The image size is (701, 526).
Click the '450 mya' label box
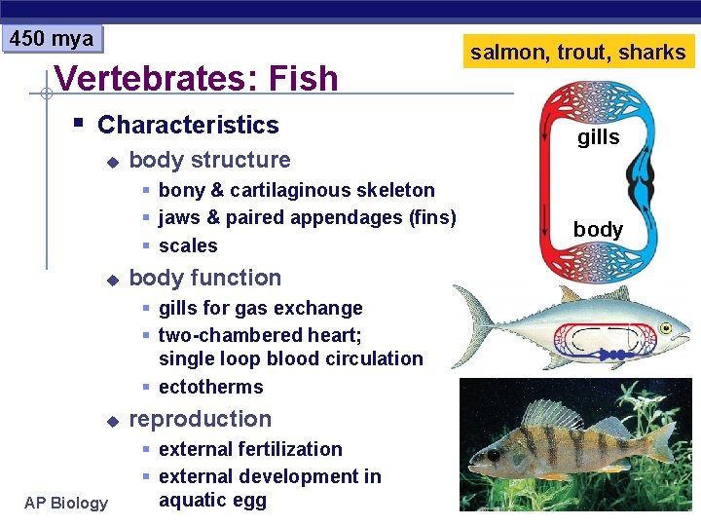pos(52,39)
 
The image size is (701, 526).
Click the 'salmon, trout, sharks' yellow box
pos(578,53)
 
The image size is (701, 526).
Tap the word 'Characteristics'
pos(188,125)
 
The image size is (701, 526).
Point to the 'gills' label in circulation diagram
pos(598,137)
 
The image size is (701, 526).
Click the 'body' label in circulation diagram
pos(598,229)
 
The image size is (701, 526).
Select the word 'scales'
pos(188,245)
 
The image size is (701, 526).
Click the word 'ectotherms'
pos(210,387)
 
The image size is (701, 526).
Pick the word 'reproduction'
pos(200,419)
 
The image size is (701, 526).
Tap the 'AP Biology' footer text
pos(66,503)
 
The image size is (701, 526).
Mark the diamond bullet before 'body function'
pos(112,279)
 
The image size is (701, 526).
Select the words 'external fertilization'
pos(250,449)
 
